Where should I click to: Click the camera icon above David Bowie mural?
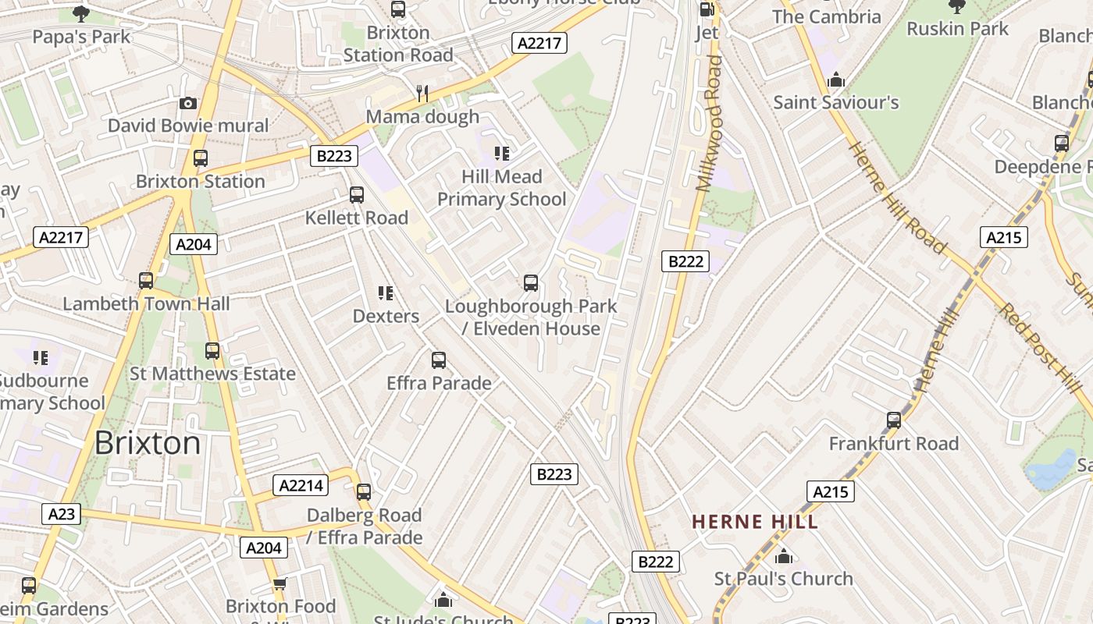pyautogui.click(x=187, y=103)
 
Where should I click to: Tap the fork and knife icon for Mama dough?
pyautogui.click(x=422, y=94)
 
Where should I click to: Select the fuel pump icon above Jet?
pyautogui.click(x=707, y=9)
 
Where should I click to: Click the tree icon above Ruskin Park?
pyautogui.click(x=957, y=7)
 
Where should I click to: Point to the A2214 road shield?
pyautogui.click(x=301, y=486)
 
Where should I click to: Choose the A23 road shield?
pyautogui.click(x=62, y=514)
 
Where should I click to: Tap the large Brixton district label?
pyautogui.click(x=148, y=443)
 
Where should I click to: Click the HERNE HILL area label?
pyautogui.click(x=755, y=522)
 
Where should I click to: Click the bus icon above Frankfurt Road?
pyautogui.click(x=894, y=420)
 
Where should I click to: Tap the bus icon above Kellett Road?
pyautogui.click(x=357, y=195)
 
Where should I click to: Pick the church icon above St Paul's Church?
pyautogui.click(x=784, y=556)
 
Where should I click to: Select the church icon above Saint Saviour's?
pyautogui.click(x=836, y=80)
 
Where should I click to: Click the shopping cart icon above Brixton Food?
pyautogui.click(x=280, y=583)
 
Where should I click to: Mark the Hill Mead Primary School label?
pyautogui.click(x=501, y=188)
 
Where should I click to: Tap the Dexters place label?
pyautogui.click(x=386, y=316)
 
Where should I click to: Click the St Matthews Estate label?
pyautogui.click(x=212, y=374)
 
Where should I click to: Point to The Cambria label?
pyautogui.click(x=826, y=16)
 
